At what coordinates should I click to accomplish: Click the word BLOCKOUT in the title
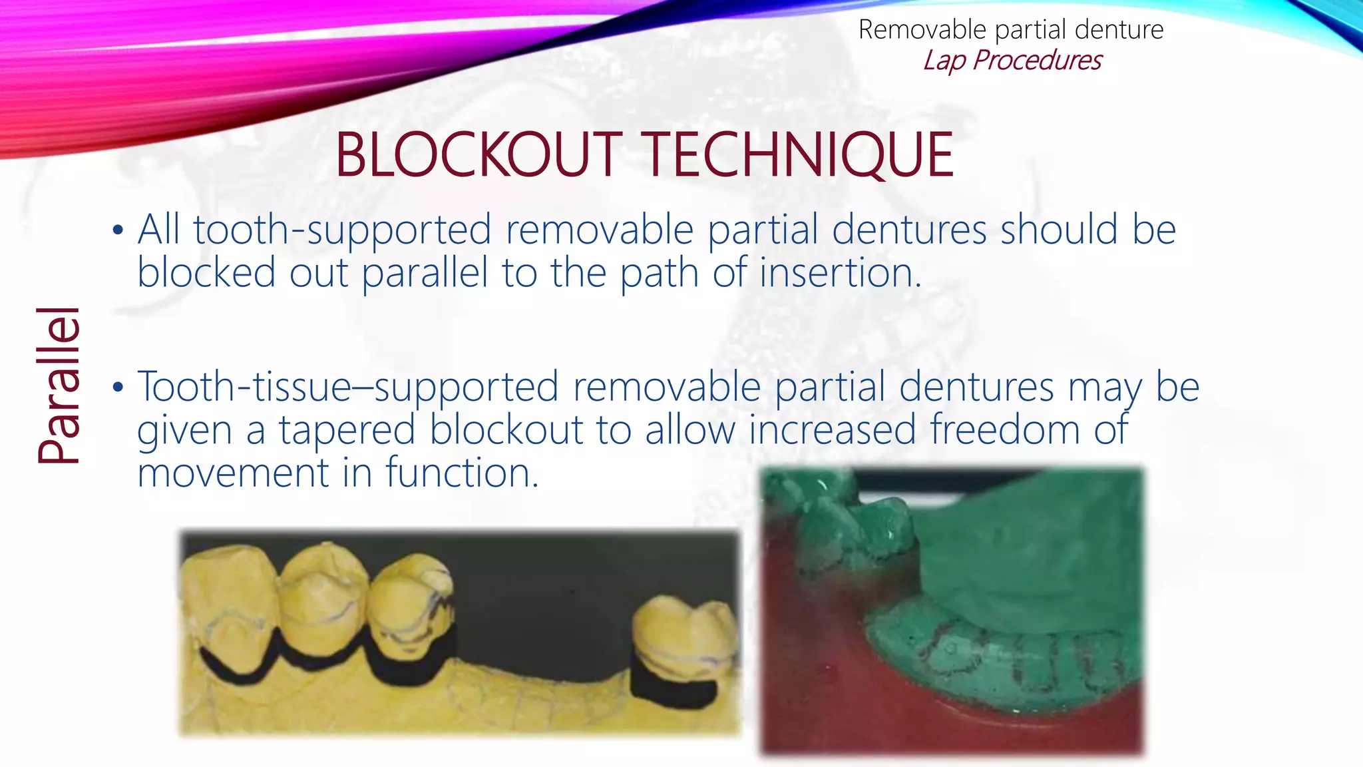click(479, 155)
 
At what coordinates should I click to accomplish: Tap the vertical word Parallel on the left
click(59, 385)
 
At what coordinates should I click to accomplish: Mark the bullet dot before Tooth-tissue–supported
click(118, 387)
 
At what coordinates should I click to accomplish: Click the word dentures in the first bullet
click(909, 230)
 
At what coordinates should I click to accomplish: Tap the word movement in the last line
click(232, 473)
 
